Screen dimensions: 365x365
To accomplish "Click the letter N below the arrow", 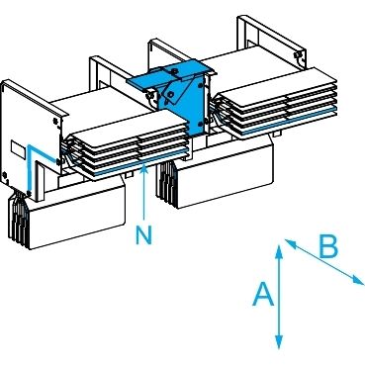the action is click(x=143, y=235).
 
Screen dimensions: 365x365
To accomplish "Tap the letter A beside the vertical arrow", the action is click(x=263, y=294).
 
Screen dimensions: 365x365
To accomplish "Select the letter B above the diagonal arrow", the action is click(x=328, y=247).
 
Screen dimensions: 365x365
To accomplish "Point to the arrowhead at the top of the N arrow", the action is click(x=143, y=168).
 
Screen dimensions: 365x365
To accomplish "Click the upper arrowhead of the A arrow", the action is click(x=279, y=250).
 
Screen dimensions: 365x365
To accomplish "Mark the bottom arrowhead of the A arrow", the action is click(x=279, y=342).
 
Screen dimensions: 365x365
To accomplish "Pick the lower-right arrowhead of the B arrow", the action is click(x=357, y=280).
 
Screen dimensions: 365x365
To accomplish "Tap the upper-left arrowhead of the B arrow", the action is click(x=290, y=242).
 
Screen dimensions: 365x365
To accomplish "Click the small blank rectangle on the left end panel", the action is click(x=19, y=148).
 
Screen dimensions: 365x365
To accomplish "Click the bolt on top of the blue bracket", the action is click(x=174, y=70).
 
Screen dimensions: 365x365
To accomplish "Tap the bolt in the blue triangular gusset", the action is click(x=171, y=95).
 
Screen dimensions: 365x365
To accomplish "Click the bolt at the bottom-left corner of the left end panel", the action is click(x=5, y=175).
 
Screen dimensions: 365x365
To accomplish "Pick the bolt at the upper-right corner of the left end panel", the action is click(x=55, y=121).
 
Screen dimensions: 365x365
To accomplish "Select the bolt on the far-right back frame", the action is click(x=297, y=54).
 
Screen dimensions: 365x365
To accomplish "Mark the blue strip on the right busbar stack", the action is click(x=290, y=121).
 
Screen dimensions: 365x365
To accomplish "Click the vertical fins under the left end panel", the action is click(x=19, y=218).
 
